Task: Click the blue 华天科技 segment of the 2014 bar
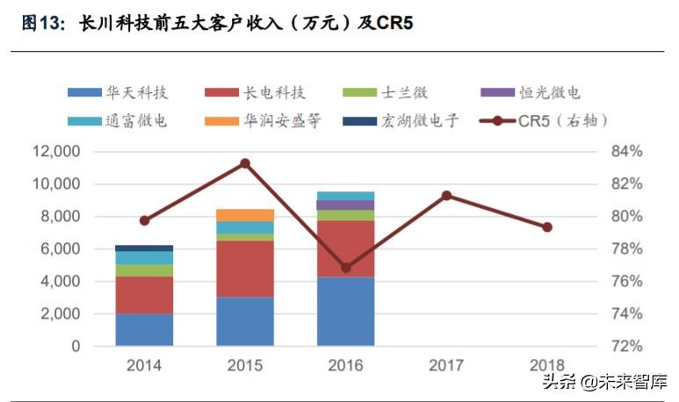point(144,329)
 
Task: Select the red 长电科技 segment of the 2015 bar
point(245,269)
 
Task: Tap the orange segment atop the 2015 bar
point(245,215)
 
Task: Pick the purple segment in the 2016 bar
point(345,205)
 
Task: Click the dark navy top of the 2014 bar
point(144,248)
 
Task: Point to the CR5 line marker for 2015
point(245,163)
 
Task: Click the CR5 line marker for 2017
point(446,195)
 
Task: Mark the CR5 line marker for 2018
point(546,226)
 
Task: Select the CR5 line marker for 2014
point(144,220)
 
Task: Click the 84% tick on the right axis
point(626,152)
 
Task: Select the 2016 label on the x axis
point(345,364)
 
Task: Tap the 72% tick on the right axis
point(626,346)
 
